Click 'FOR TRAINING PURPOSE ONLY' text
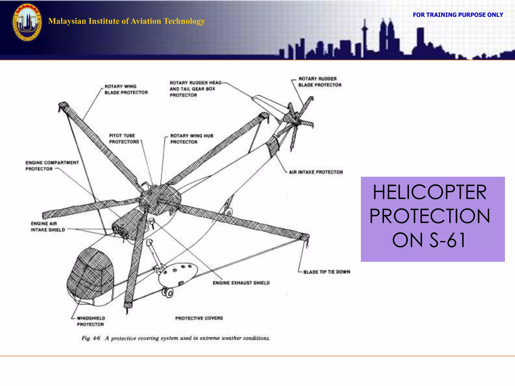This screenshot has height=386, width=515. point(458,15)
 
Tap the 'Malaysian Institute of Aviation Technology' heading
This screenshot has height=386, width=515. point(126,21)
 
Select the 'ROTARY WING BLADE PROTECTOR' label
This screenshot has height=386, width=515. point(126,89)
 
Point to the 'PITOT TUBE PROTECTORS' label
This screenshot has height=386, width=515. point(124,139)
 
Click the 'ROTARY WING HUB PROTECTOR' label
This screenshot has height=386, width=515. point(191,139)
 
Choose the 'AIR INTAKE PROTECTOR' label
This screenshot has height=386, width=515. point(316,172)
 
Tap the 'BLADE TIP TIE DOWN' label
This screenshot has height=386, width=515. point(326,272)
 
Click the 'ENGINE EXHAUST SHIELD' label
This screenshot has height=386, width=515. point(241,283)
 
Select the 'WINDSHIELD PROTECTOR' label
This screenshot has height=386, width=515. point(91,321)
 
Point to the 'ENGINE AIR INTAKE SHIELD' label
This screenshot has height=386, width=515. point(48,227)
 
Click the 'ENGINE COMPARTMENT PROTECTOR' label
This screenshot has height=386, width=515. point(52,166)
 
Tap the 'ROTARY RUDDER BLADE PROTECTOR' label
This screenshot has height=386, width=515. point(320,82)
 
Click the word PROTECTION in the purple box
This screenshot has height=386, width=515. point(430,216)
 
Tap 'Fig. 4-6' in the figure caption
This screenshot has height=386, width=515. point(91,338)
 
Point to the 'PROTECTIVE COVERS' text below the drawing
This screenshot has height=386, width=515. point(199,318)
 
